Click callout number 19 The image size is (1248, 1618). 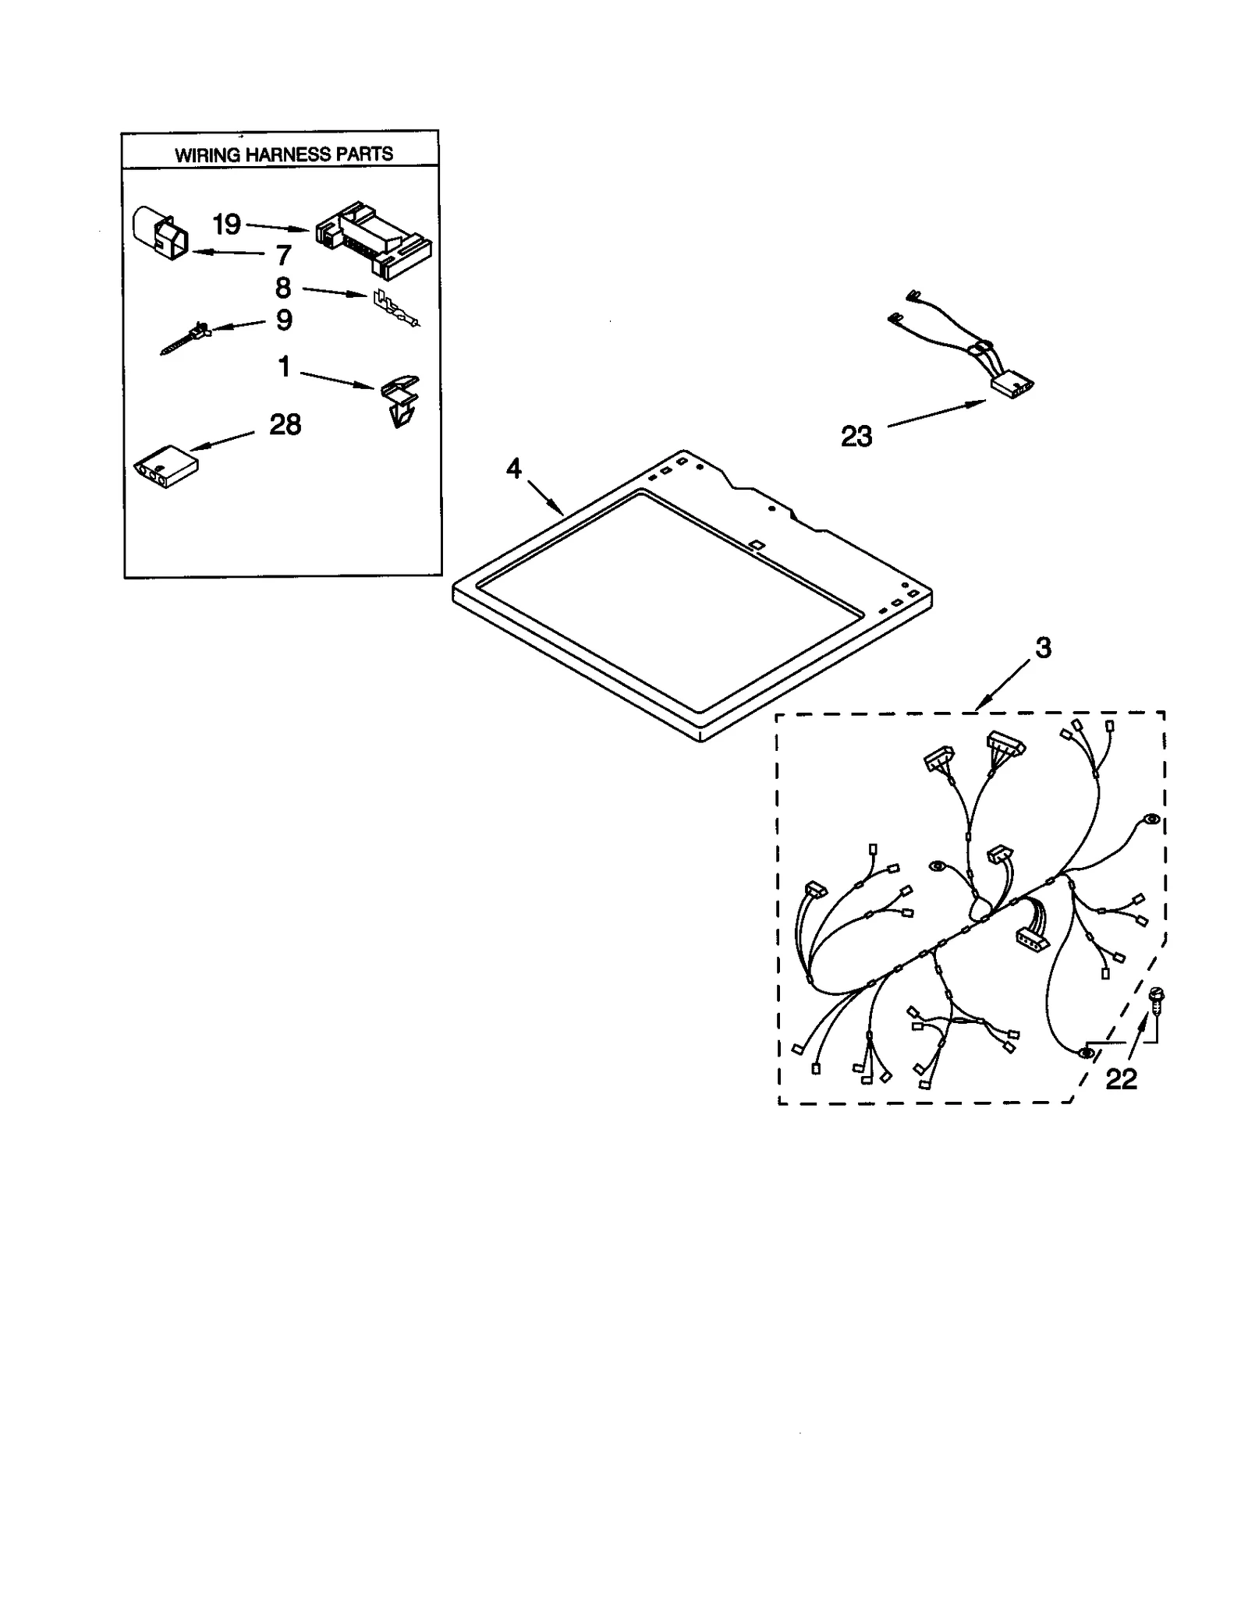pos(226,225)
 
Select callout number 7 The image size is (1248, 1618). pos(283,255)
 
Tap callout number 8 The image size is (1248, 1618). pos(283,288)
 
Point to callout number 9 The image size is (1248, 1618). pos(284,320)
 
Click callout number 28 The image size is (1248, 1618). pos(285,425)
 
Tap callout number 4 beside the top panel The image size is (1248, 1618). pos(513,468)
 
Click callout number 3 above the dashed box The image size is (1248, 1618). pos(1043,646)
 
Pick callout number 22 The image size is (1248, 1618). pos(1121,1078)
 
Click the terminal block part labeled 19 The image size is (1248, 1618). pos(374,238)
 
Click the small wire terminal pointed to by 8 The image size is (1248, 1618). pos(394,308)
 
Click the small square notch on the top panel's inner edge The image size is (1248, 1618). pos(754,543)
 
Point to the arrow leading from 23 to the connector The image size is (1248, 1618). pos(936,414)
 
